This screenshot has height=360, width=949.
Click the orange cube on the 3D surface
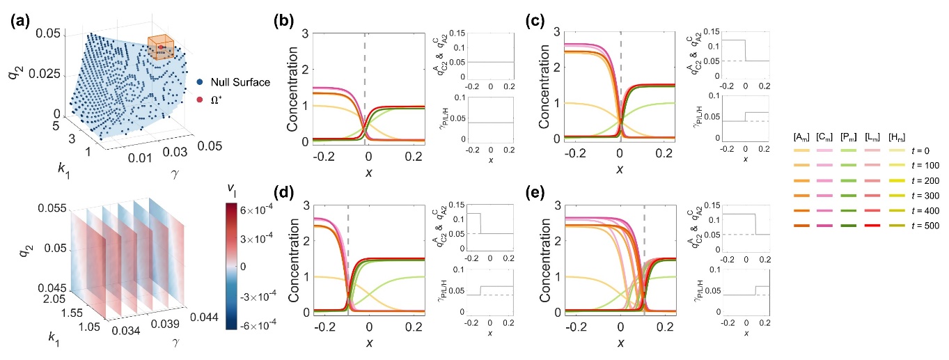click(x=160, y=47)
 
